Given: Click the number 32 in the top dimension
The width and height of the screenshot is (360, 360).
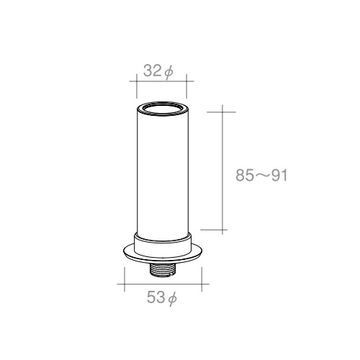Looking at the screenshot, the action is coord(152,71).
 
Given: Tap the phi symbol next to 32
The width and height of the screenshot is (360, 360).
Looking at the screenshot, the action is coord(169,72).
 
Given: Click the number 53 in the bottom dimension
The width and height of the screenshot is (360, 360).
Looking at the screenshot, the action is coord(156,297).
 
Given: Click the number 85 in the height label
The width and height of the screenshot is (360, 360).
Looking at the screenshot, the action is coord(244,175).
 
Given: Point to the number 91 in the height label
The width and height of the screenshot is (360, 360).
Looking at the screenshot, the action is coord(279,175).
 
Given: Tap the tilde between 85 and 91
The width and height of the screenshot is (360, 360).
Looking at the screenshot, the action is coord(262,176).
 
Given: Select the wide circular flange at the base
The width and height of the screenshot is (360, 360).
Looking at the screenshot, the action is coord(163,258).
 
